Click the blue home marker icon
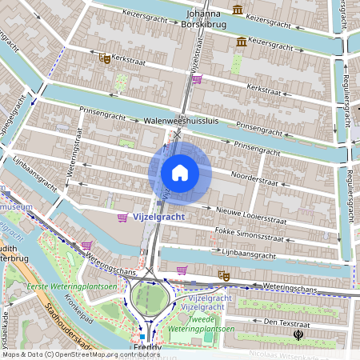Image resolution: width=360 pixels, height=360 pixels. (x=180, y=173)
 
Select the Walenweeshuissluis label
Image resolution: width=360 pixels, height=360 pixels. (x=181, y=121)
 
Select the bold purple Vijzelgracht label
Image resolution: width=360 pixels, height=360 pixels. (x=158, y=217)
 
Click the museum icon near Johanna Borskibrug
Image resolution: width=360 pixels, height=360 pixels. (x=238, y=10)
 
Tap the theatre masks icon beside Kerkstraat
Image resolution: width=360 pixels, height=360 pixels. (x=104, y=58)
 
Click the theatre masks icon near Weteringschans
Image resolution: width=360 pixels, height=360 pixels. (x=224, y=276)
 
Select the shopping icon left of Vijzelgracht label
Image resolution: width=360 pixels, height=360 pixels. (x=122, y=218)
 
